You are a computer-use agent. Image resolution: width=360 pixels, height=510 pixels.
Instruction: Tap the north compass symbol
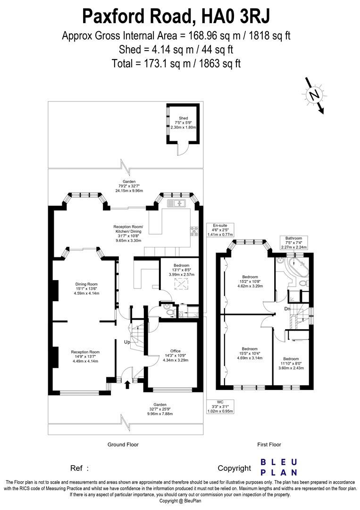click(313, 95)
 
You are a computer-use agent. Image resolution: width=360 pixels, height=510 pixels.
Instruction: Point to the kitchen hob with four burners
click(193, 231)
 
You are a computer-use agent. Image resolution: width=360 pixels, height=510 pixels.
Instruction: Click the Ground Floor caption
click(123, 444)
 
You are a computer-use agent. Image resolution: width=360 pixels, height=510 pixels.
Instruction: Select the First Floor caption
click(269, 444)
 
